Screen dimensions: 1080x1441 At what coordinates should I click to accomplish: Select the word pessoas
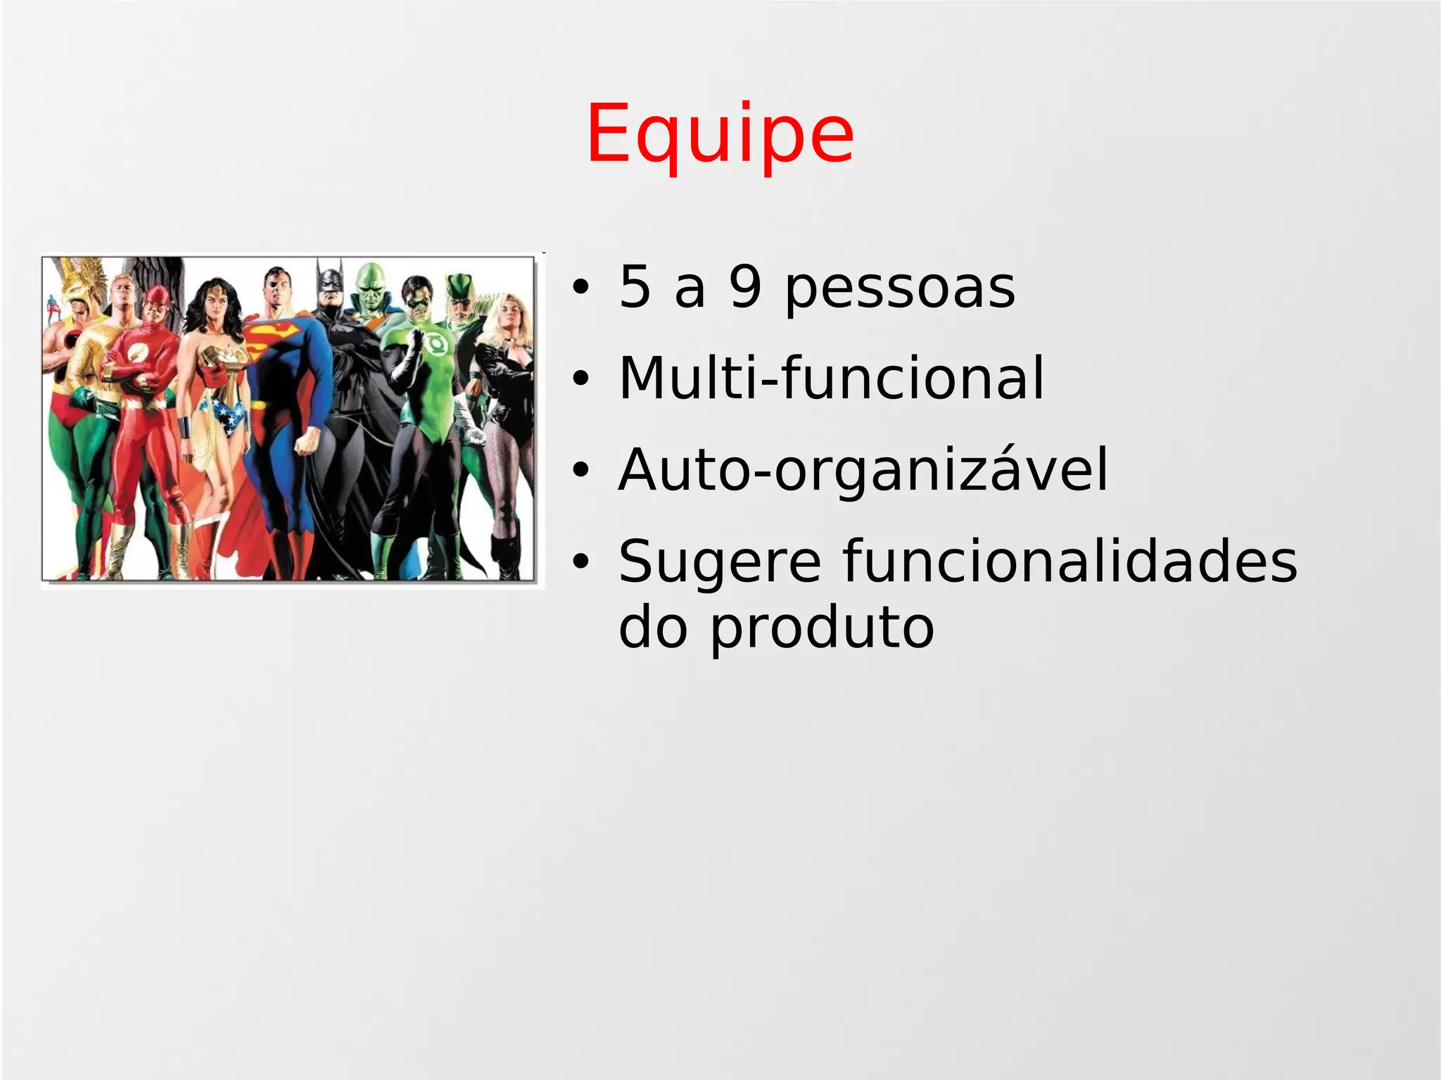tap(900, 290)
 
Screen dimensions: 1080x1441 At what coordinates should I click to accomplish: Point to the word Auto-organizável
tap(863, 470)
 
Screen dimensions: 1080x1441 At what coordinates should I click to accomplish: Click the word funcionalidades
tap(1069, 561)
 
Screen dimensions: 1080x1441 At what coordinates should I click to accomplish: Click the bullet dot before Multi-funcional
tap(580, 380)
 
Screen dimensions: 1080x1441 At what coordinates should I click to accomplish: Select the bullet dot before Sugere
tap(580, 562)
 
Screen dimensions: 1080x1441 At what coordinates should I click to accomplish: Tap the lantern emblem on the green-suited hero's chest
tap(433, 344)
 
